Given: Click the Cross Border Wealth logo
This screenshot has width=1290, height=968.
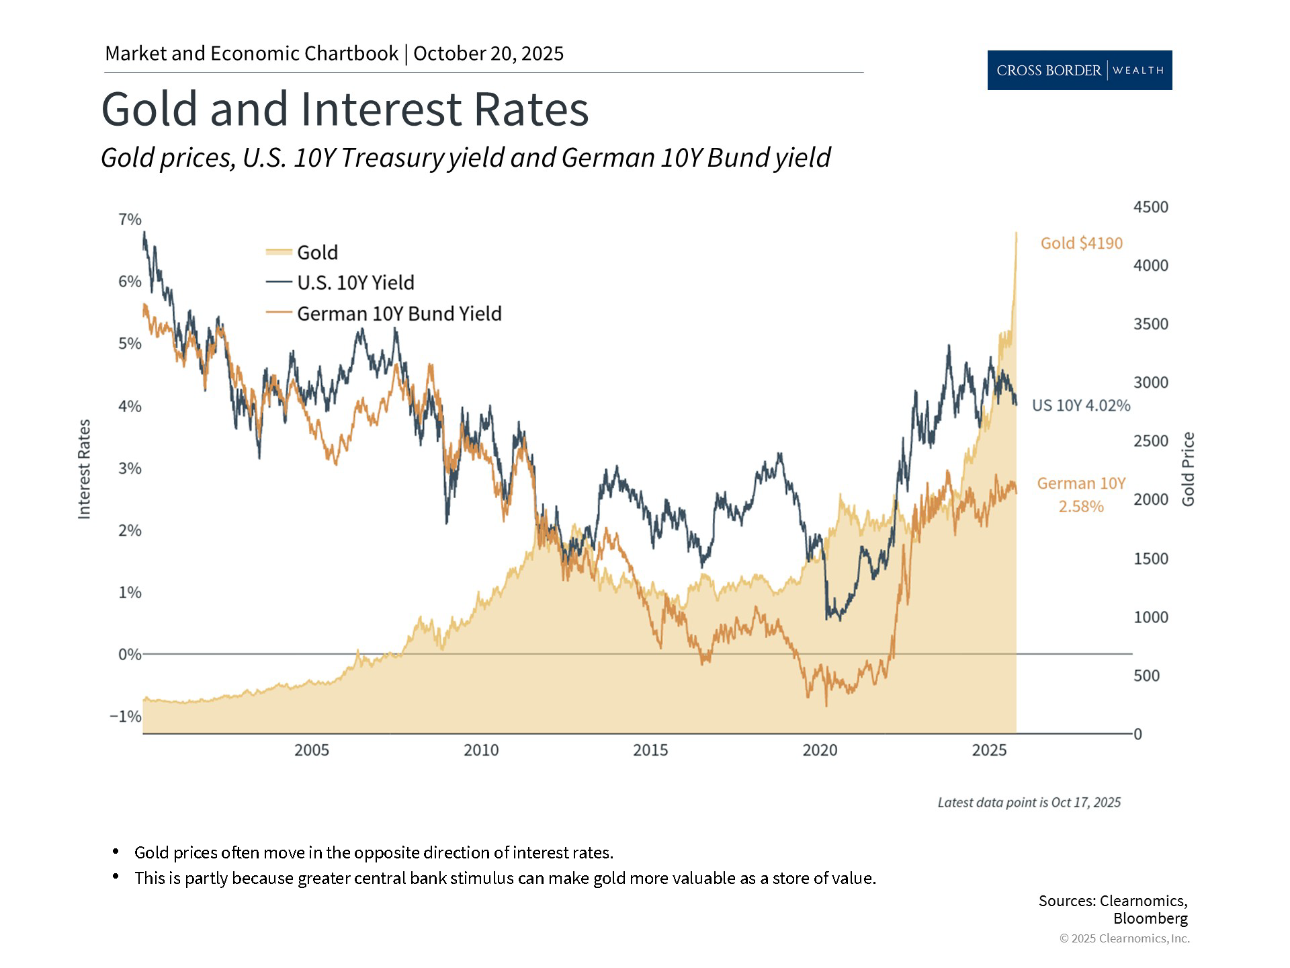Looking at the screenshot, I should coord(1079,70).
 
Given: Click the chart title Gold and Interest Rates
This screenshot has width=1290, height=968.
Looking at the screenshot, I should coord(345,109).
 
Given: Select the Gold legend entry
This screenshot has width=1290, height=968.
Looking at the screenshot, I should coord(317,253).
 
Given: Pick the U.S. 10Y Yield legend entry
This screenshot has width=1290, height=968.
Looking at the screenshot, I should coord(355,283).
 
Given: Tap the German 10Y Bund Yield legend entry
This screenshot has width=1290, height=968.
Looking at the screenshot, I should coord(399,314).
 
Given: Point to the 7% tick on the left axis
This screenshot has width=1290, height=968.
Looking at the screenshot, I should coord(130,220).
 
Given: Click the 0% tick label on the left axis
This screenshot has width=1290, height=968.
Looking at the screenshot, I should coord(129,654).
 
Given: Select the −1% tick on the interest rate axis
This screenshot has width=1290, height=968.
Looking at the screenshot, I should coord(126,717).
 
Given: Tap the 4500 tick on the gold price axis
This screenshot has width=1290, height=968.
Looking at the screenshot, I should coord(1151,207).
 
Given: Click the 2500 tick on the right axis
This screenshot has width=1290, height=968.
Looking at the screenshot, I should coord(1151,441).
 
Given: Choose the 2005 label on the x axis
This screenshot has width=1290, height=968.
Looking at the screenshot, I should coord(312,750).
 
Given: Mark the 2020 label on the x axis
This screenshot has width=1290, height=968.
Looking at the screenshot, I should coord(820,750).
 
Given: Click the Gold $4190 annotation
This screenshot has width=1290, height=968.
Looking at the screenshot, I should coord(1081,243).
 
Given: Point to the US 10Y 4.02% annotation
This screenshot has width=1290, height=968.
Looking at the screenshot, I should coord(1081,405).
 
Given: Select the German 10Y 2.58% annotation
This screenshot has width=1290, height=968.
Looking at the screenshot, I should coord(1081,495).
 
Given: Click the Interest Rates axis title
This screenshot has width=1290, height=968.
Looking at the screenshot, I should coord(84,469).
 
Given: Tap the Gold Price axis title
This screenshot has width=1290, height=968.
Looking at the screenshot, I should coord(1189,469).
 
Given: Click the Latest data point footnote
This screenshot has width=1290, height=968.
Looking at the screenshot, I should coord(1029,802).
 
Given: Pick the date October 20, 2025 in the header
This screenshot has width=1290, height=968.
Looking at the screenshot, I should coord(488,54).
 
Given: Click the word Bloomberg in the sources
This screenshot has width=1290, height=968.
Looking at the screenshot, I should coord(1150,918).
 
